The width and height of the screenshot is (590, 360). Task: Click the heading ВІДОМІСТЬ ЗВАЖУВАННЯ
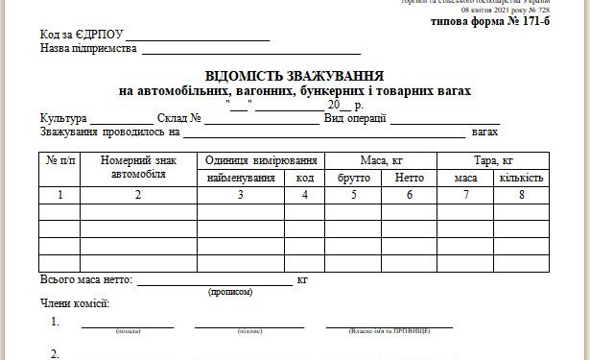(x=295, y=76)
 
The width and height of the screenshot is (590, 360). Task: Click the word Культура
(x=63, y=118)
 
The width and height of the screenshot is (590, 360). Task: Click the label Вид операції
(x=355, y=118)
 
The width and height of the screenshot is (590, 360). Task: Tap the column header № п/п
(x=59, y=161)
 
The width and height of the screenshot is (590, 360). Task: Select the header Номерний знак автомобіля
(x=138, y=167)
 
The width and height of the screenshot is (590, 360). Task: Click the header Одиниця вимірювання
(x=260, y=160)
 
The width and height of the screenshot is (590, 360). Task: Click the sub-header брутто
(x=354, y=178)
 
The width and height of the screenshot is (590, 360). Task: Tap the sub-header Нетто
(x=410, y=178)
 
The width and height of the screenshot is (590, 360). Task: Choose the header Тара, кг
(x=494, y=160)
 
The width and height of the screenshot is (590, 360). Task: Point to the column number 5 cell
(x=354, y=195)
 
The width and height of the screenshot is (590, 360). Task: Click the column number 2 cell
(x=138, y=195)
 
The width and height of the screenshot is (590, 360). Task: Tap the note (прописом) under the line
(x=230, y=291)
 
